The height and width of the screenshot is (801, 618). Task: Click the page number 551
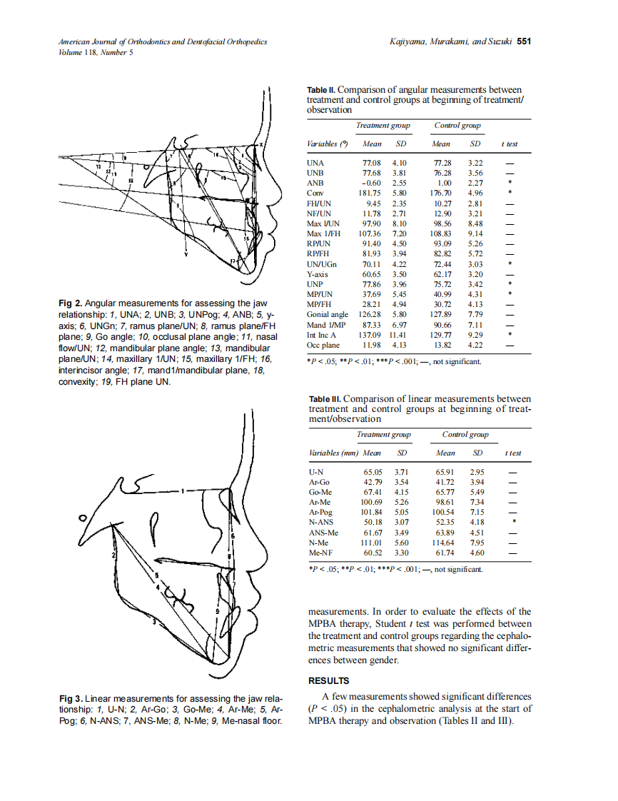pos(524,41)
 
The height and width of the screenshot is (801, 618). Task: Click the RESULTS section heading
pos(328,680)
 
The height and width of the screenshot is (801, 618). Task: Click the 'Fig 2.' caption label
pos(70,303)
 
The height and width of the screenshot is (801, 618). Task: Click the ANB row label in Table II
pos(315,183)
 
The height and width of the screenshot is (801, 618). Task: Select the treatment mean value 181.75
pos(375,193)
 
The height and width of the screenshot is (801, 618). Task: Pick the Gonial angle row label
pos(327,313)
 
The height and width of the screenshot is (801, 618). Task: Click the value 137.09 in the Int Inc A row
pos(375,334)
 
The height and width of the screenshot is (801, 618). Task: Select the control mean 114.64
pos(445,543)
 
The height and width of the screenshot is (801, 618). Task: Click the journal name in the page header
pos(163,42)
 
